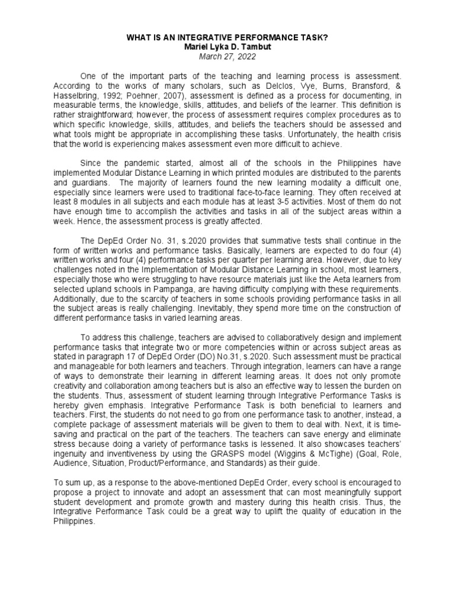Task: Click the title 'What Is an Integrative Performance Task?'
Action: point(227,37)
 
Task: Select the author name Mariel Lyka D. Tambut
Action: point(227,46)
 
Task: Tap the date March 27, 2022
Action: point(227,55)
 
